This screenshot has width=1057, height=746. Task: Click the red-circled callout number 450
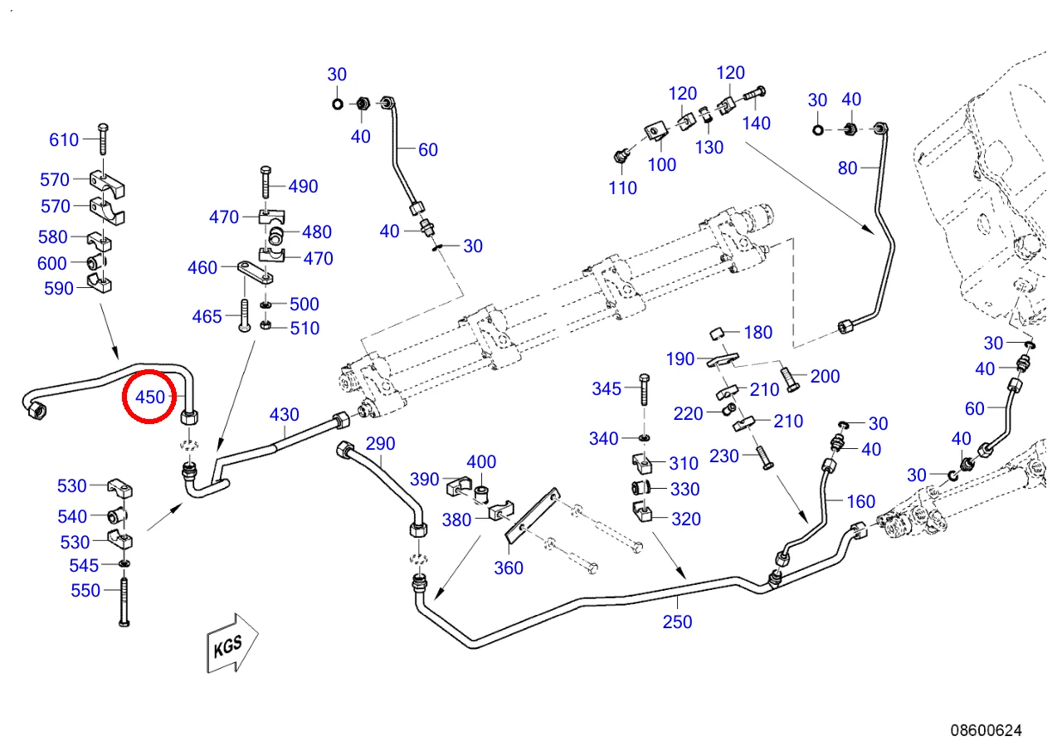[x=150, y=397]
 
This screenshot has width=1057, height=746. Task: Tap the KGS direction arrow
[x=231, y=643]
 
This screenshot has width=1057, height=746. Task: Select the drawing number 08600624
[x=986, y=730]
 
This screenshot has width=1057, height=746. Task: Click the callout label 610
[x=64, y=139]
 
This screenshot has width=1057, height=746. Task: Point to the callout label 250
[x=677, y=622]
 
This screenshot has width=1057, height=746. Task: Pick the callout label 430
[x=285, y=413]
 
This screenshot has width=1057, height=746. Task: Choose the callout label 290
[x=380, y=443]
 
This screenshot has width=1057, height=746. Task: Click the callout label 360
[x=509, y=568]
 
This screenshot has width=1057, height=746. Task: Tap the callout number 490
[x=303, y=186]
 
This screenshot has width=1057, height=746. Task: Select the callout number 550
[x=85, y=590]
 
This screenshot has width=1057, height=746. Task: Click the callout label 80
[x=847, y=168]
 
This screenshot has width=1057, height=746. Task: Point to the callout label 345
[x=606, y=388]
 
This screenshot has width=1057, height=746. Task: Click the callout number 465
[x=207, y=316]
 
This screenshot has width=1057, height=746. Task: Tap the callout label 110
[x=622, y=188]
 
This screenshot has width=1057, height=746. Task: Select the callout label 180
[x=757, y=332]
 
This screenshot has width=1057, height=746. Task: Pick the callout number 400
[x=481, y=462]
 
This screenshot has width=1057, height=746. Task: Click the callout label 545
[x=85, y=565]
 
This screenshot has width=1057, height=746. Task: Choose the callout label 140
[x=756, y=123]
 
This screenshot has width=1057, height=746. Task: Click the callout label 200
[x=825, y=376]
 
